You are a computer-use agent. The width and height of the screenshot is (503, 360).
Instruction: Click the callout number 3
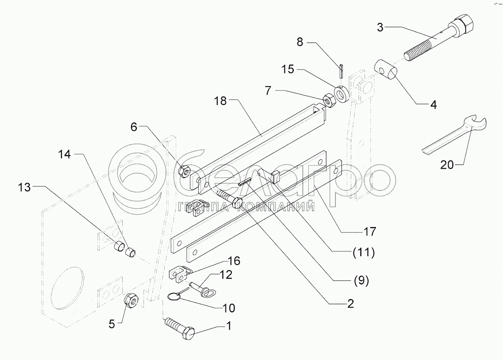380,28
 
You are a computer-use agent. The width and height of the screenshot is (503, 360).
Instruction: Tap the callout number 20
447,165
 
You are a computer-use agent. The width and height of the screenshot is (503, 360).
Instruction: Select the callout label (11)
363,253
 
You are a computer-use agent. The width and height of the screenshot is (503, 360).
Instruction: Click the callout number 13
24,188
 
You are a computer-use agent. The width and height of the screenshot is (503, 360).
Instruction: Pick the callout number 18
220,101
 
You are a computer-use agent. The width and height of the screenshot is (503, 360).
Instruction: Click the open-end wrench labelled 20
454,135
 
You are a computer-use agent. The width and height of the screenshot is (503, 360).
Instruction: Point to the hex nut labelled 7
329,101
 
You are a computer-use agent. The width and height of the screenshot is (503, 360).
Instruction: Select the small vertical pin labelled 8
341,71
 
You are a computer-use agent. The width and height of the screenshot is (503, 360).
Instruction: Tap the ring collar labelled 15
341,94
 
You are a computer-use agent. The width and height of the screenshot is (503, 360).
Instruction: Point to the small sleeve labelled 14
131,253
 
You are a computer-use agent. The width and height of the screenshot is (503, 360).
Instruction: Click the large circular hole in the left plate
67,288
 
